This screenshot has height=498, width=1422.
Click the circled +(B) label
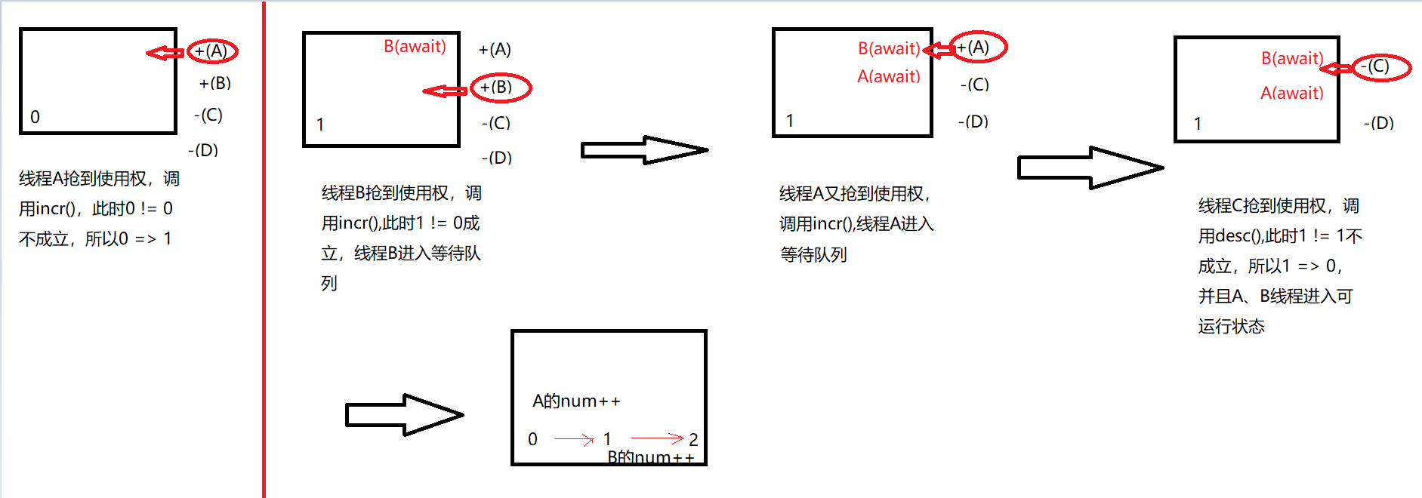pos(500,88)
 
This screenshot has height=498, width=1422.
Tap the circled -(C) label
pos(1380,67)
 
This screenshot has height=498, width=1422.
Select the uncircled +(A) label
pos(495,50)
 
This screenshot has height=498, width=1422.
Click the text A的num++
pos(576,401)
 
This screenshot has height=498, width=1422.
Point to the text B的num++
pos(650,457)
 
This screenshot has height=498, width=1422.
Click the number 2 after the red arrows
pos(693,439)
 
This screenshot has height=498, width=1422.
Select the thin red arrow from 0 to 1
pos(574,438)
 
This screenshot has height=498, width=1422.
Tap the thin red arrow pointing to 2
pos(656,438)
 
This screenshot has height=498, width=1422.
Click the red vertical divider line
pos(264,249)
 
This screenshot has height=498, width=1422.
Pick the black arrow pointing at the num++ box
pos(403,414)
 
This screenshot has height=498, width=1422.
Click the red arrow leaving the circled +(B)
pos(445,91)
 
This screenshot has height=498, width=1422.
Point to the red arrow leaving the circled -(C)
pos(1336,69)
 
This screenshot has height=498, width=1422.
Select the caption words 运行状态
pos(1231,326)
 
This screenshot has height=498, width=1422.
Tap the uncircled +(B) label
pos(214,83)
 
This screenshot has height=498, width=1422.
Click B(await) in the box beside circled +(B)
pos(415,47)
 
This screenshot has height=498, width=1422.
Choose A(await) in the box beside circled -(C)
pos(1291,93)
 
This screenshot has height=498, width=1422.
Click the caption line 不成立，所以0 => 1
pos(95,239)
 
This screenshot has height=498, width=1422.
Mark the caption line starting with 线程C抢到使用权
pos(1278,206)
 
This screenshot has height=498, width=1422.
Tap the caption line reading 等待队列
pos(813,254)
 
